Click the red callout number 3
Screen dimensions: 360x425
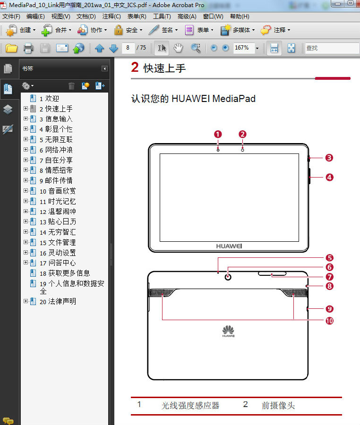tap(329, 158)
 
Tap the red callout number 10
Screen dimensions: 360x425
tap(329, 321)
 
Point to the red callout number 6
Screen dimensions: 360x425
tap(329, 267)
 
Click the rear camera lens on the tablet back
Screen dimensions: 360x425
tap(228, 277)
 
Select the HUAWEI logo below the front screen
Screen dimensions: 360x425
tap(229, 246)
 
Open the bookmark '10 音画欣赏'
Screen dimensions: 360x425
tap(58, 191)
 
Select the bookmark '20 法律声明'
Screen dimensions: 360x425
tap(58, 301)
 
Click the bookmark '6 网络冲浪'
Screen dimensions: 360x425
tap(56, 150)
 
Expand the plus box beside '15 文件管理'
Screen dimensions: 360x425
tap(26, 242)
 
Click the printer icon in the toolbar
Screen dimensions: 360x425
tap(28, 48)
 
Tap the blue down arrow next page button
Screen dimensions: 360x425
tap(113, 48)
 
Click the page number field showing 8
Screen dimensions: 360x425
tap(128, 48)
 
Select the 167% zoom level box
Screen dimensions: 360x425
tap(244, 48)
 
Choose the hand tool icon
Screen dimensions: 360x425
tap(178, 48)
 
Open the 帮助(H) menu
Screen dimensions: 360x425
tap(240, 17)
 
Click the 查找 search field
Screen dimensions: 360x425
tap(332, 48)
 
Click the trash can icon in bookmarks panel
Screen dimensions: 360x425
tap(71, 85)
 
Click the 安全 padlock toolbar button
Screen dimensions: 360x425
tap(128, 30)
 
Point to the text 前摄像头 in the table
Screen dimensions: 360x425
tap(278, 406)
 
